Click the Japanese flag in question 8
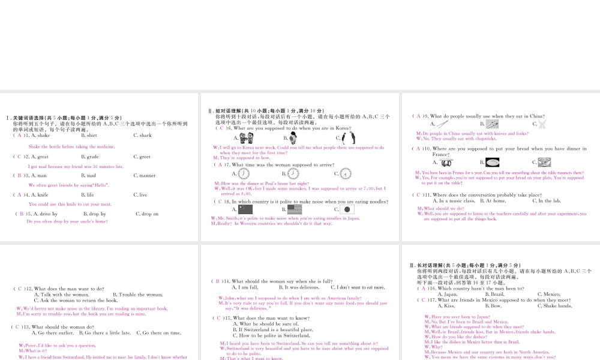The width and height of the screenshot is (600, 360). click(x=347, y=209)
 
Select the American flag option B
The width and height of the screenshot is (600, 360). click(x=295, y=209)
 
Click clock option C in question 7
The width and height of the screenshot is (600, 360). click(x=346, y=173)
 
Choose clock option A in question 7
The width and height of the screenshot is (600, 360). click(x=244, y=173)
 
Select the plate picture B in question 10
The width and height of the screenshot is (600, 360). click(x=493, y=162)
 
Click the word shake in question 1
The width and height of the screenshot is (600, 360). click(x=43, y=136)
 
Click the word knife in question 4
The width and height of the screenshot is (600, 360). click(x=41, y=195)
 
